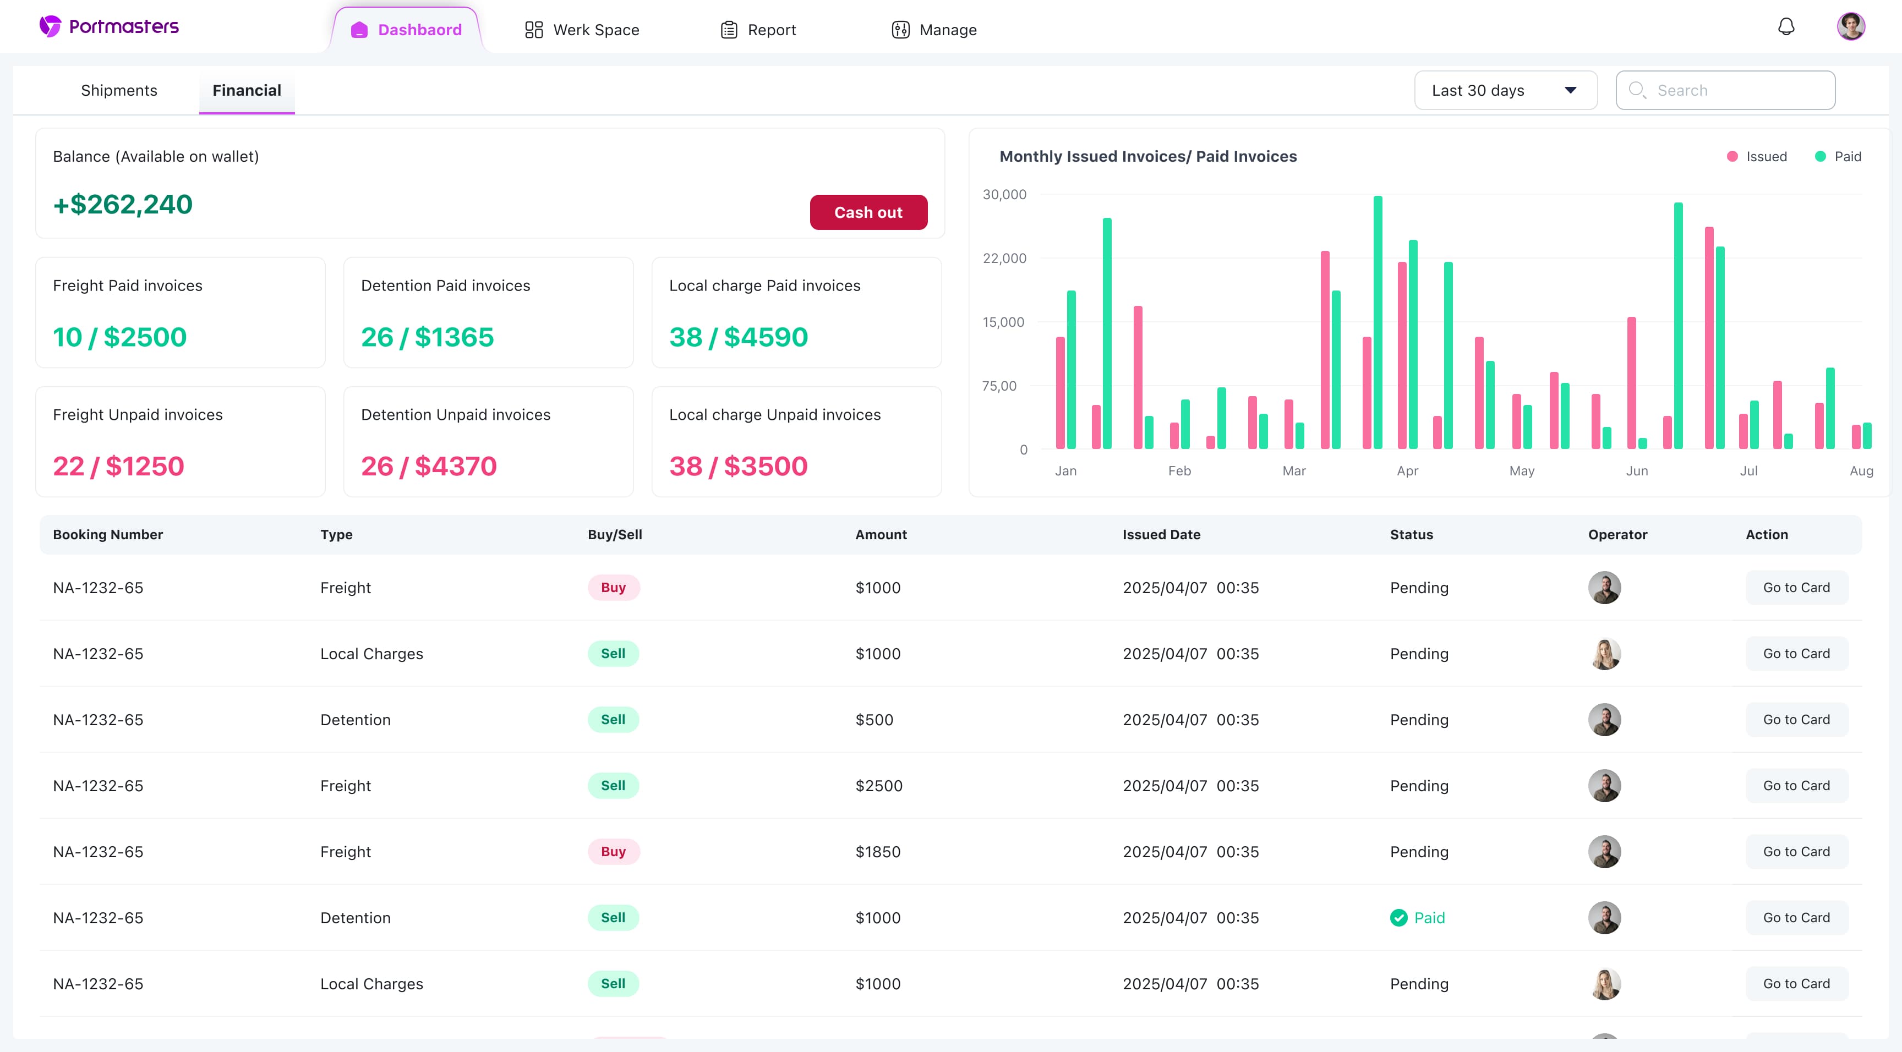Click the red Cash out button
pyautogui.click(x=868, y=212)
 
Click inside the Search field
pyautogui.click(x=1735, y=90)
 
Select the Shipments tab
pyautogui.click(x=119, y=90)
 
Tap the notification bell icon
pyautogui.click(x=1785, y=28)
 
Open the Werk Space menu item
pyautogui.click(x=582, y=30)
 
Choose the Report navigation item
pyautogui.click(x=758, y=30)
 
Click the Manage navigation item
pyautogui.click(x=934, y=30)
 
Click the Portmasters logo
pyautogui.click(x=110, y=26)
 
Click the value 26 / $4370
pyautogui.click(x=428, y=466)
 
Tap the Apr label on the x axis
pyautogui.click(x=1407, y=470)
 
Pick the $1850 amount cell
pyautogui.click(x=878, y=851)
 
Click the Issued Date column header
pyautogui.click(x=1161, y=534)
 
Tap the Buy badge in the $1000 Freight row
pyautogui.click(x=613, y=588)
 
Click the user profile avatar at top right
pyautogui.click(x=1850, y=26)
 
